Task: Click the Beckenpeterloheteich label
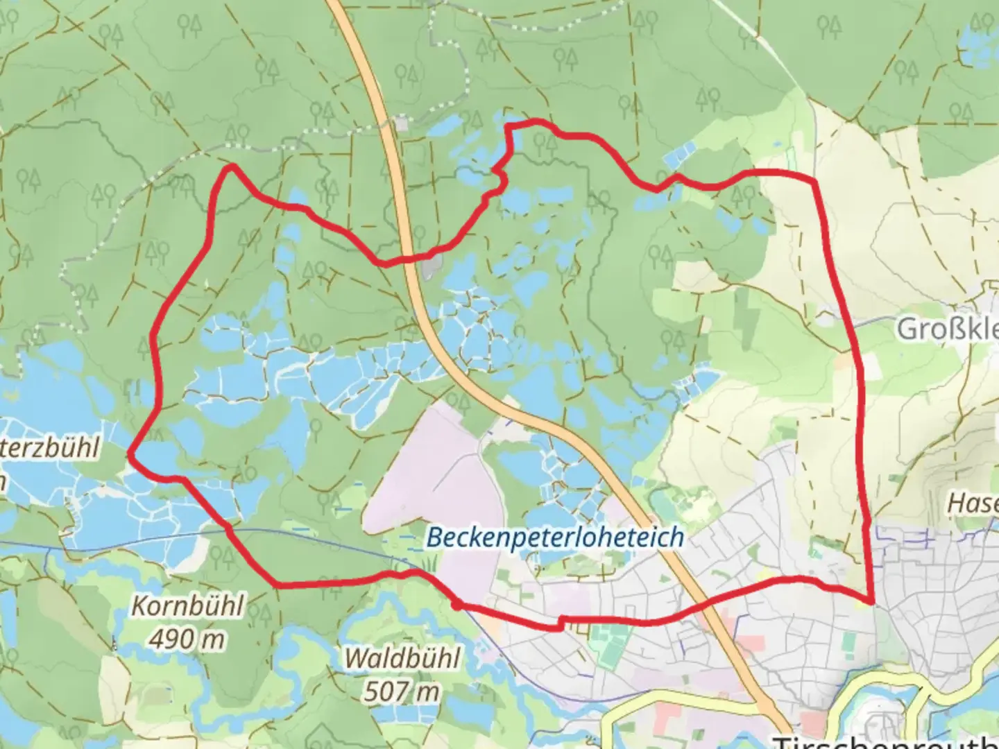coord(554,537)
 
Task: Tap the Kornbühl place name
coord(187,606)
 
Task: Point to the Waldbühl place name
coord(402,657)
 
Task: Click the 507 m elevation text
coord(402,690)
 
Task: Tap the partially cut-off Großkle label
coord(947,329)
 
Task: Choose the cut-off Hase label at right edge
coord(973,503)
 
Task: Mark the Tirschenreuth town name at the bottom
coord(885,741)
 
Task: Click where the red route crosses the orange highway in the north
coord(409,259)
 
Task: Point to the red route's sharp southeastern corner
coord(870,600)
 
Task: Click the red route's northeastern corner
coord(814,182)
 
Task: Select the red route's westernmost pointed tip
coord(130,454)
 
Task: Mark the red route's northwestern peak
coord(231,166)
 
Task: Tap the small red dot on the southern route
coord(456,605)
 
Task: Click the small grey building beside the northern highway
coord(402,123)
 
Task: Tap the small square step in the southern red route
coord(560,623)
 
